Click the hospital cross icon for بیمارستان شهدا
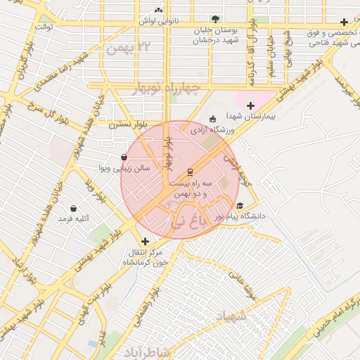pyautogui.click(x=250, y=105)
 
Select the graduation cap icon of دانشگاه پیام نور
pyautogui.click(x=240, y=206)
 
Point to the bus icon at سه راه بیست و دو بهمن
pyautogui.click(x=189, y=172)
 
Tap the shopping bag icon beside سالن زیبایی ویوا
pyautogui.click(x=124, y=157)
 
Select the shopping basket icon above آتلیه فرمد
pyautogui.click(x=74, y=209)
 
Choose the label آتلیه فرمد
pyautogui.click(x=74, y=219)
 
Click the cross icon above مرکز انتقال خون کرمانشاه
pyautogui.click(x=146, y=241)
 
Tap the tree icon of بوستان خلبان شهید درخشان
pyautogui.click(x=214, y=19)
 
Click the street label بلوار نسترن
pyautogui.click(x=127, y=124)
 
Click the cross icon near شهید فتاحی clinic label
pyautogui.click(x=343, y=22)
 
